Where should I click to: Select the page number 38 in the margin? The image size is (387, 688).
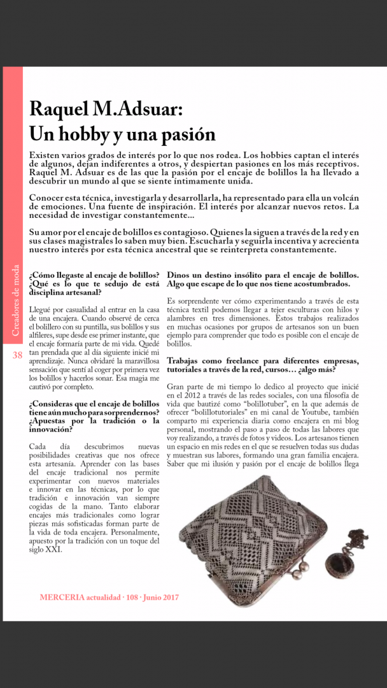17,355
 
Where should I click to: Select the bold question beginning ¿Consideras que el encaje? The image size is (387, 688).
94,417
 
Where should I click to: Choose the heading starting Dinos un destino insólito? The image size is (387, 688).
263,279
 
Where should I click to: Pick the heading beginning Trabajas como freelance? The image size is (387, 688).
263,365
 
